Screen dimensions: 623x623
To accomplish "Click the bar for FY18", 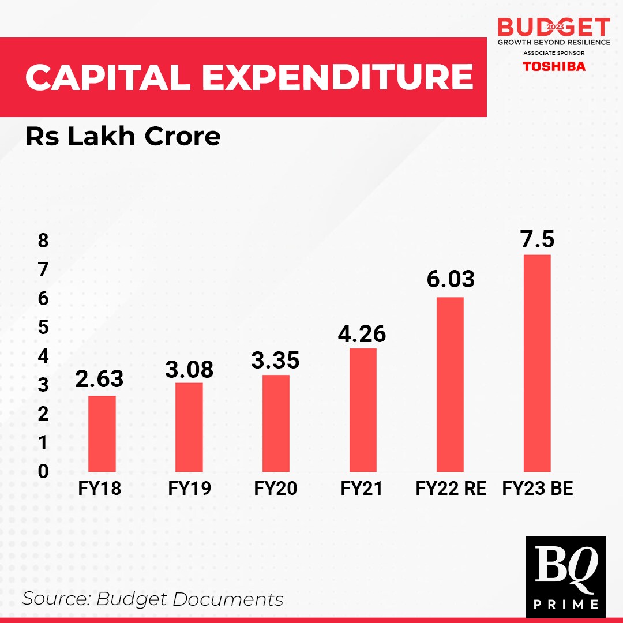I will pos(102,433).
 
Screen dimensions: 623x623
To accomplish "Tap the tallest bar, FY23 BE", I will pos(537,363).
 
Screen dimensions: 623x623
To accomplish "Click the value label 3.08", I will pos(189,370).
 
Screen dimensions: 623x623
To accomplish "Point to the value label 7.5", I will pos(537,239).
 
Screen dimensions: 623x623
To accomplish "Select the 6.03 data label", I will pos(451,280).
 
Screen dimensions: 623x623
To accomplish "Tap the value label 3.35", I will pos(275,361).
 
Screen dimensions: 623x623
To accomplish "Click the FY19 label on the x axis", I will pos(189,489).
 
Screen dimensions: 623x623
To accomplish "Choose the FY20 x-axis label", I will pos(275,489).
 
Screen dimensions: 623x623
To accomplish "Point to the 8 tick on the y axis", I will pos(43,241).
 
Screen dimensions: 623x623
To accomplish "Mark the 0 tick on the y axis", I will pos(43,472).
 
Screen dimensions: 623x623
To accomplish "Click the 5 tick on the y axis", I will pos(43,327).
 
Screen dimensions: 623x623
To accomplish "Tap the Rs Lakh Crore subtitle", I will pos(123,137).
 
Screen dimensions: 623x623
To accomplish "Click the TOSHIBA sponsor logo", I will pos(554,66).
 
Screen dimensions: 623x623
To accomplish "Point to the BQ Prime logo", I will pos(565,577).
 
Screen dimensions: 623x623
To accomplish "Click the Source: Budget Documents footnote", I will pos(153,599).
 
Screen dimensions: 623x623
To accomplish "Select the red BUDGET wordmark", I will pos(554,27).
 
